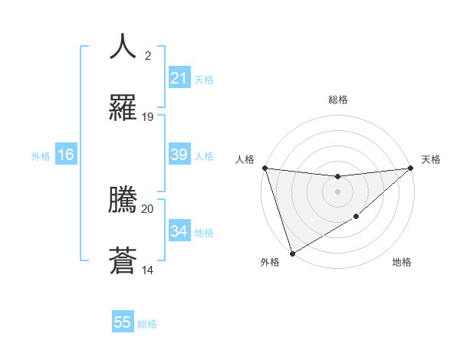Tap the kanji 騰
pyautogui.click(x=123, y=200)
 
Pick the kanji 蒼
pyautogui.click(x=123, y=260)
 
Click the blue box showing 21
pyautogui.click(x=179, y=78)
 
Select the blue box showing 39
pyautogui.click(x=179, y=155)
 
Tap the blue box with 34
pyautogui.click(x=179, y=231)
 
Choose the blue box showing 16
pyautogui.click(x=66, y=155)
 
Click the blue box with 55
pyautogui.click(x=123, y=322)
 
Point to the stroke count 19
pyautogui.click(x=148, y=117)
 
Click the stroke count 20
pyautogui.click(x=148, y=208)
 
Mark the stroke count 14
pyautogui.click(x=148, y=270)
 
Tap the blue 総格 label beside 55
pyautogui.click(x=147, y=324)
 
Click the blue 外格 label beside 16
pyautogui.click(x=41, y=156)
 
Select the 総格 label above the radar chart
pyautogui.click(x=338, y=100)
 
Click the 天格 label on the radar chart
pyautogui.click(x=431, y=159)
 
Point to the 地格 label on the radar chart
pyautogui.click(x=402, y=263)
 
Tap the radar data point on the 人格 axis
pyautogui.click(x=264, y=168)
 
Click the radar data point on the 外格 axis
pyautogui.click(x=292, y=253)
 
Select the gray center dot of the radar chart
pyautogui.click(x=337, y=191)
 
